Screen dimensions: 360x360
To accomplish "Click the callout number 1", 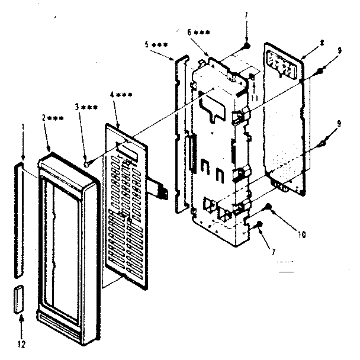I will [22, 127].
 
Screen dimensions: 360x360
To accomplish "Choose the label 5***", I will [155, 46].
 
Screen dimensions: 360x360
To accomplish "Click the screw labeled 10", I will [268, 207].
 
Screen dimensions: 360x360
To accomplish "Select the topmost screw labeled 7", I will [245, 52].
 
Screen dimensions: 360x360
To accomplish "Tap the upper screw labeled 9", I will [320, 71].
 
